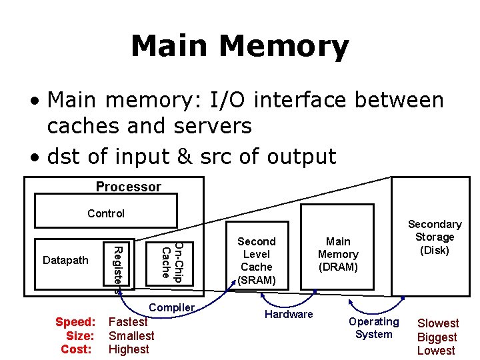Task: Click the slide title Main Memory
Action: pyautogui.click(x=239, y=47)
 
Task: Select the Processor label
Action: pyautogui.click(x=128, y=187)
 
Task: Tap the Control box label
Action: pyautogui.click(x=106, y=213)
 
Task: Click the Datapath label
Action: pyautogui.click(x=65, y=260)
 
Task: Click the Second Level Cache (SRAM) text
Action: pyautogui.click(x=257, y=261)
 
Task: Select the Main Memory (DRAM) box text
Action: pyautogui.click(x=338, y=254)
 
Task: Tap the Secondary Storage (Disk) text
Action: pyautogui.click(x=435, y=237)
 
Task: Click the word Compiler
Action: pyautogui.click(x=172, y=307)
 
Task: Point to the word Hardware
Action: pyautogui.click(x=289, y=314)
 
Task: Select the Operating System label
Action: pyautogui.click(x=374, y=328)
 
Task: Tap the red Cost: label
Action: pyautogui.click(x=77, y=349)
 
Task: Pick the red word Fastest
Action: pyautogui.click(x=128, y=322)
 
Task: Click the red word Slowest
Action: pyautogui.click(x=438, y=323)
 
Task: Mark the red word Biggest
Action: pyautogui.click(x=437, y=337)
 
